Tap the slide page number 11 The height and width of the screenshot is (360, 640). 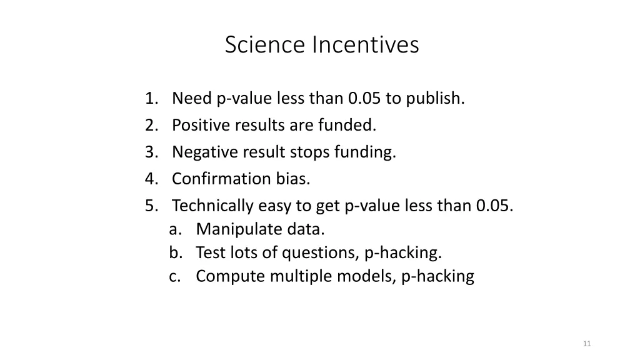(586, 344)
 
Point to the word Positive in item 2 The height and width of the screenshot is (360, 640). (201, 126)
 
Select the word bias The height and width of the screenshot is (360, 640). (293, 179)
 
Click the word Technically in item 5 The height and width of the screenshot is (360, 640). (212, 206)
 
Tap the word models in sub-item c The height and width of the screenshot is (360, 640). (371, 276)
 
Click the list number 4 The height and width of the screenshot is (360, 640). (150, 179)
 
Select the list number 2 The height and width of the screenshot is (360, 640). (150, 126)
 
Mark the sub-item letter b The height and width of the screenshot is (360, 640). (174, 253)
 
